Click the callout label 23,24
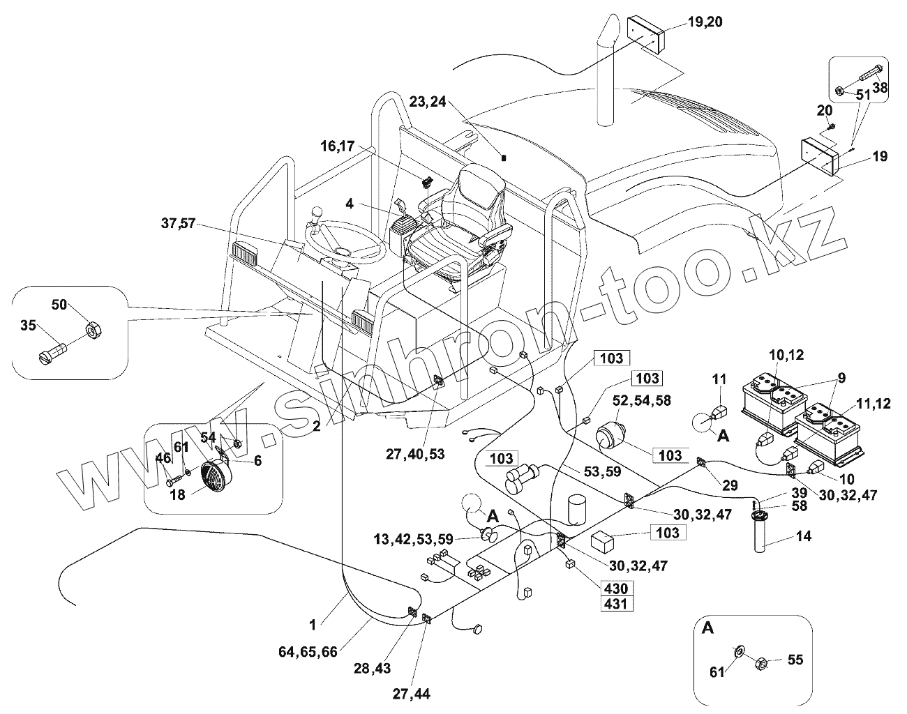tap(428, 102)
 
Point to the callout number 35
tap(28, 324)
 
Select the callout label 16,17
tap(338, 146)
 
